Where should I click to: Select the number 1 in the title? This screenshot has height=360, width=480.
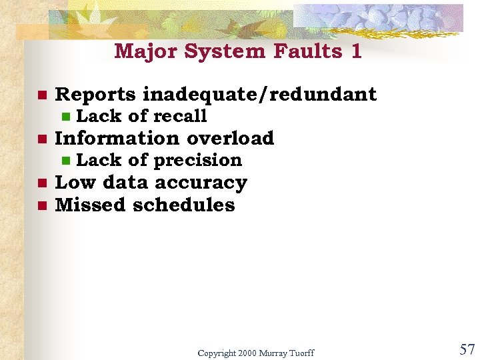coord(355,51)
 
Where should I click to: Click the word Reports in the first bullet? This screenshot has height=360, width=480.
coord(96,95)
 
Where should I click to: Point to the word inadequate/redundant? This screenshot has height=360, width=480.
coord(260,95)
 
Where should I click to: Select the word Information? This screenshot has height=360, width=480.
coord(117,138)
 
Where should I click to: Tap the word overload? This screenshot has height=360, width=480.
coord(231,138)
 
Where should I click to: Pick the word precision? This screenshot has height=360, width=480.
coord(198,160)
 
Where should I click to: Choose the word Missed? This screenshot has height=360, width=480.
coord(91,205)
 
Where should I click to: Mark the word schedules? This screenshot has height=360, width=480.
coord(184,205)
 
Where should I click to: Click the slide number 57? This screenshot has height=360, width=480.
coord(467,349)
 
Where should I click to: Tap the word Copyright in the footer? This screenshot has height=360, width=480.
coord(217,353)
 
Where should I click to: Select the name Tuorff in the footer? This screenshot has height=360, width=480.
coord(301,353)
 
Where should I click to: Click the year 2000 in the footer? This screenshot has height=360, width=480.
coord(249,353)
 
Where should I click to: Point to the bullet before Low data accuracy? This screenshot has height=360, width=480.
coord(41,183)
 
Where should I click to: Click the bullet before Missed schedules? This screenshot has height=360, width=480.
coord(41,205)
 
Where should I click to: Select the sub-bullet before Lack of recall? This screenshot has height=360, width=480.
coord(65,117)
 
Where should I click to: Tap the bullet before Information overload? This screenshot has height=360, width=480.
coord(41,139)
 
